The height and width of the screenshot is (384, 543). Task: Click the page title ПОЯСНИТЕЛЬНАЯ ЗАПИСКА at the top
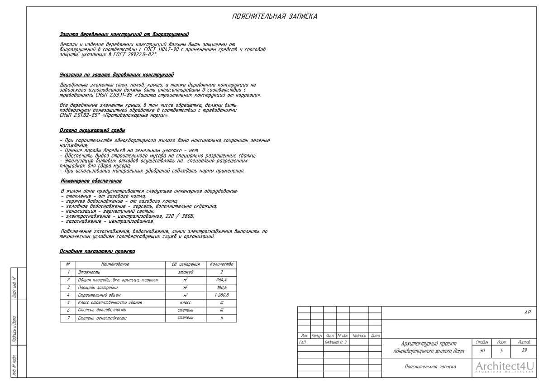click(274, 17)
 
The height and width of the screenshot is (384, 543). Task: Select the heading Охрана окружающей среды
click(92, 130)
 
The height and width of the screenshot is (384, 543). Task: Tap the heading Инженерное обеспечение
click(91, 181)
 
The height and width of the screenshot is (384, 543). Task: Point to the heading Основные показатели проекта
click(97, 251)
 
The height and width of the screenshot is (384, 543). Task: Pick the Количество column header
click(221, 264)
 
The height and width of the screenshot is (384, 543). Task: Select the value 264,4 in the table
click(221, 280)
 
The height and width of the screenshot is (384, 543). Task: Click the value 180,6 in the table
click(221, 288)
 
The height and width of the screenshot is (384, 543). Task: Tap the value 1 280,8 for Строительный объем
click(221, 295)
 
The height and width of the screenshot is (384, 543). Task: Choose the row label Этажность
click(89, 272)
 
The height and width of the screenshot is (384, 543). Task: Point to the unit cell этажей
click(186, 272)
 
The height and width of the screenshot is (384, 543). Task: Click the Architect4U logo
click(505, 367)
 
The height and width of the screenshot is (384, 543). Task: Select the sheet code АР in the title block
click(527, 312)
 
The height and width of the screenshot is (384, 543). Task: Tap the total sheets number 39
click(524, 350)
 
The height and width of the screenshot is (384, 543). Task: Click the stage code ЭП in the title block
click(481, 350)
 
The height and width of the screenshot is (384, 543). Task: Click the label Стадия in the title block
click(481, 342)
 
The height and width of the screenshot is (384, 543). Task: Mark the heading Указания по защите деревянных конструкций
click(116, 75)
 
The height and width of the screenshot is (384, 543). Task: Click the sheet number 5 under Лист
click(501, 350)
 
